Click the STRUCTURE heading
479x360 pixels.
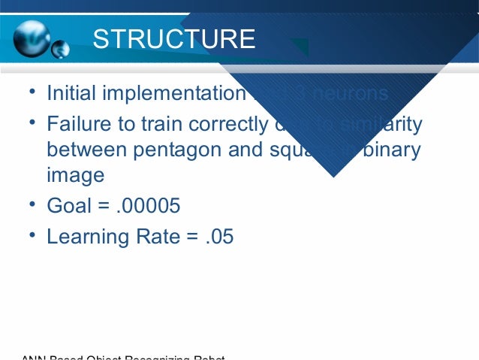coord(173,39)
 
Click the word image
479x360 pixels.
coord(75,177)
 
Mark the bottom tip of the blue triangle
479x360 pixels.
coord(333,177)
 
